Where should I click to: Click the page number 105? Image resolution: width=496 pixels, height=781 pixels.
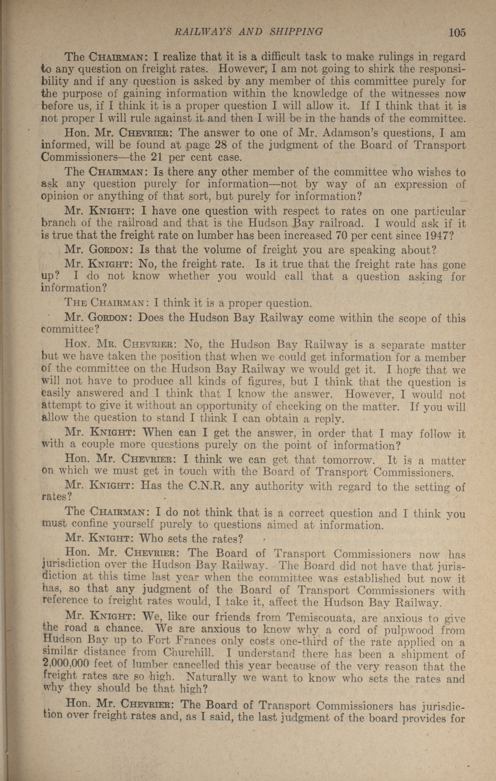pyautogui.click(x=457, y=32)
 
